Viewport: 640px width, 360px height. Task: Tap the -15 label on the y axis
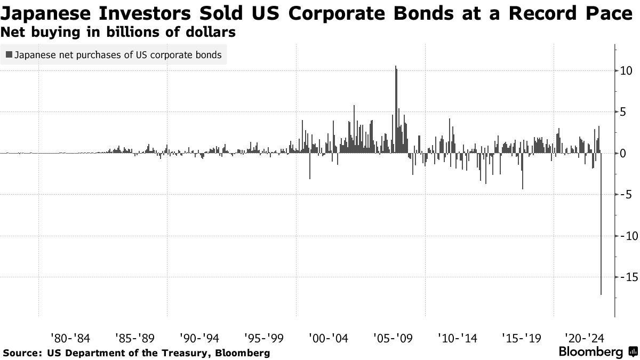tap(623, 277)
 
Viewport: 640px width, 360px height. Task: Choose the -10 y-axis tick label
tap(623, 236)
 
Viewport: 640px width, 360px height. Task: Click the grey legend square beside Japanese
tap(9, 54)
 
